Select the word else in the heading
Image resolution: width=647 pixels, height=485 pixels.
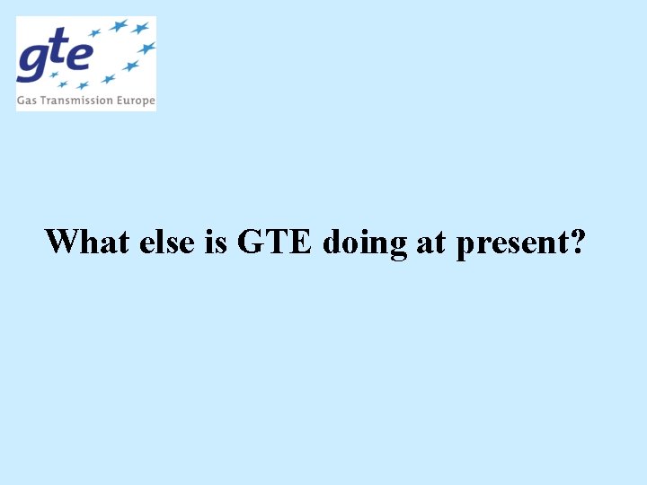[x=167, y=242]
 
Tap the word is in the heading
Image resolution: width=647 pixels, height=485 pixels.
[x=216, y=242]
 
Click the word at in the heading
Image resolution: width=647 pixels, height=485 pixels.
[x=430, y=242]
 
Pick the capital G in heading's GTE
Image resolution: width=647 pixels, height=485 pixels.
[x=251, y=241]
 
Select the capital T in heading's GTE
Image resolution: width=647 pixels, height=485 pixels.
[x=276, y=241]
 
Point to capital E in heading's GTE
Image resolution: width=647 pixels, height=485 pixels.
[x=299, y=241]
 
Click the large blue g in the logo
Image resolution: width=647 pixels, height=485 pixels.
[x=34, y=61]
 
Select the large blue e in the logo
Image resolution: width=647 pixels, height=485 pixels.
[x=79, y=56]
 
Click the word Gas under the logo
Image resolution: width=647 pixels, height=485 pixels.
[x=27, y=101]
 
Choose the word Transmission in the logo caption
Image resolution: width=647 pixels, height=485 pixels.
[x=76, y=101]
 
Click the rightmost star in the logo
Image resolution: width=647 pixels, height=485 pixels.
[x=146, y=48]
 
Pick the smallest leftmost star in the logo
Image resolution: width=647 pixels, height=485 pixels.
[x=63, y=85]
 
